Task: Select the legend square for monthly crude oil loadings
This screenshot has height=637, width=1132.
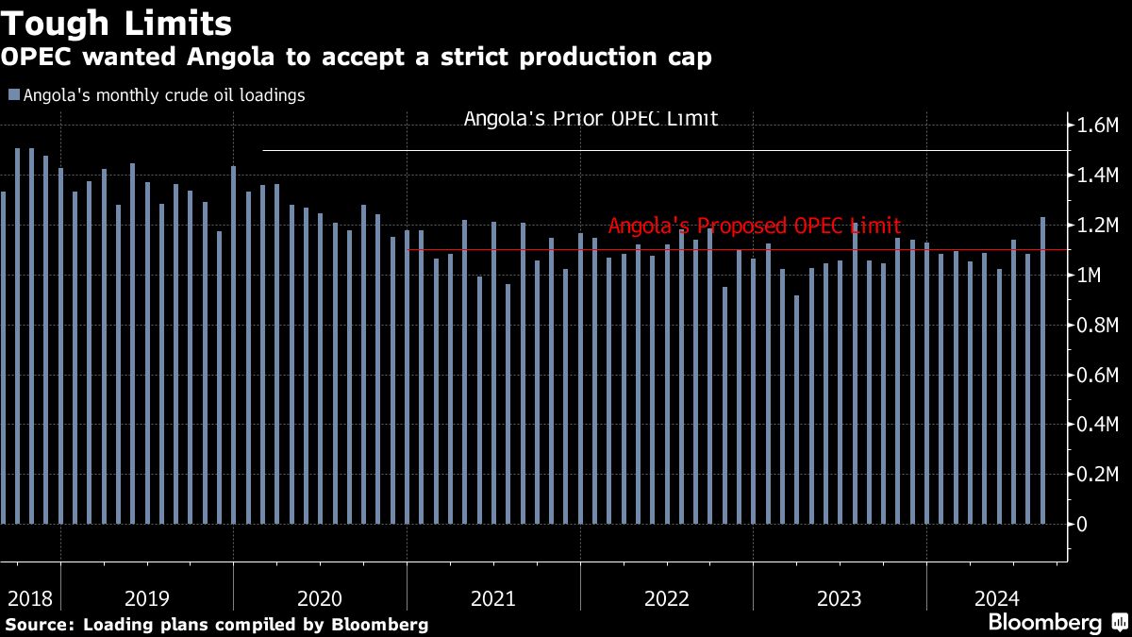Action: (13, 95)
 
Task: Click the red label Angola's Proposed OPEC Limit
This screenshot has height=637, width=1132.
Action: (754, 226)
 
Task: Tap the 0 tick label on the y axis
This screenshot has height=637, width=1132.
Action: (1082, 525)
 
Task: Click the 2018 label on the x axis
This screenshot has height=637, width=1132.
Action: (28, 598)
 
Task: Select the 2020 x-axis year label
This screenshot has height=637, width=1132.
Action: (319, 598)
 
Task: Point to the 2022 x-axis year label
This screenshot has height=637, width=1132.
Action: (666, 598)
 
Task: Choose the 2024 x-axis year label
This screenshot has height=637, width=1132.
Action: (997, 598)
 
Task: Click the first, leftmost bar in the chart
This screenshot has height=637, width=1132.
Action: (3, 359)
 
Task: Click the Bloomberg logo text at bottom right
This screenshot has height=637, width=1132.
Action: (1044, 623)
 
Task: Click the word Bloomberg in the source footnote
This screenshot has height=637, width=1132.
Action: (385, 625)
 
